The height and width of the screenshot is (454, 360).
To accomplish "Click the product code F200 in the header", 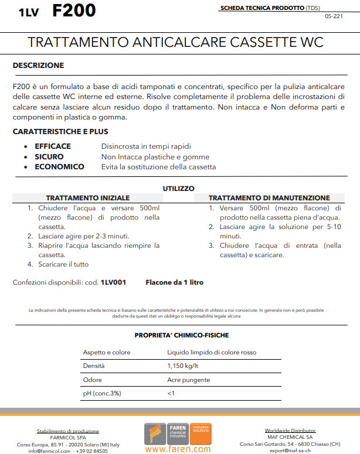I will (74, 11).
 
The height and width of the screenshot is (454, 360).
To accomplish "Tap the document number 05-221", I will (334, 16).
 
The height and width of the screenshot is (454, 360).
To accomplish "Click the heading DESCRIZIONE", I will (38, 65).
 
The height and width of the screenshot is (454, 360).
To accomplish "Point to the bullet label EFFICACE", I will (53, 146).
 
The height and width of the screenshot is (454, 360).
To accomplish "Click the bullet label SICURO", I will (49, 156).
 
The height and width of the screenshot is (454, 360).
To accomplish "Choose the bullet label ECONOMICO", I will (59, 167).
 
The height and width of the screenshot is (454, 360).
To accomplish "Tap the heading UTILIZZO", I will (178, 189).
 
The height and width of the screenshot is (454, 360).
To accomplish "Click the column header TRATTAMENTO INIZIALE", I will (88, 198).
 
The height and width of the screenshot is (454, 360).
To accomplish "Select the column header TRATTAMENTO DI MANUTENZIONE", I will (269, 198).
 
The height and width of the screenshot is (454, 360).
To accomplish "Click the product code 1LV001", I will (113, 282).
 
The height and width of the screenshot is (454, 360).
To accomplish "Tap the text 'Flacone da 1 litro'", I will (175, 282).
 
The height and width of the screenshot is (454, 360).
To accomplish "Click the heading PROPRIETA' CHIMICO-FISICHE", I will (182, 335).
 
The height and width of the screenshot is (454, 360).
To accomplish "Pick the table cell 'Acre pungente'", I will (189, 380).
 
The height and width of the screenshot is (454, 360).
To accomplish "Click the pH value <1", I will (171, 393).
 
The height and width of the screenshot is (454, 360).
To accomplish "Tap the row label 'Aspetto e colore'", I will (107, 353).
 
